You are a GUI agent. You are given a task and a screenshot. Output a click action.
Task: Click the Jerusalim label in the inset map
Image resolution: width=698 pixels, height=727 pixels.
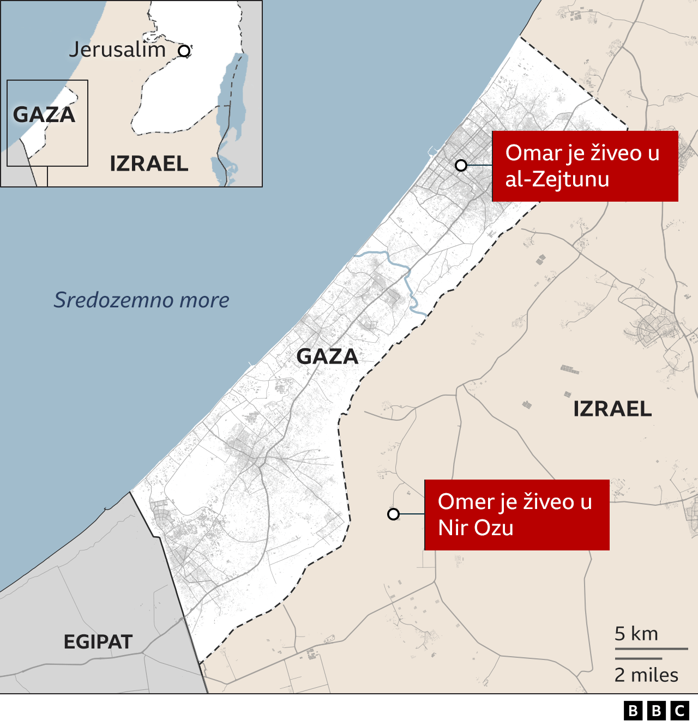pyautogui.click(x=117, y=50)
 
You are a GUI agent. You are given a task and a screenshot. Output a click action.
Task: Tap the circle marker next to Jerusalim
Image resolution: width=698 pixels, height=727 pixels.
pyautogui.click(x=184, y=51)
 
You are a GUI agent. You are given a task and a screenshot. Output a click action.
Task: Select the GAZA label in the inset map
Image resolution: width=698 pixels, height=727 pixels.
pyautogui.click(x=44, y=115)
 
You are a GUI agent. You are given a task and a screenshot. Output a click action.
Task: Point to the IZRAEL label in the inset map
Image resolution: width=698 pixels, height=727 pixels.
pyautogui.click(x=149, y=163)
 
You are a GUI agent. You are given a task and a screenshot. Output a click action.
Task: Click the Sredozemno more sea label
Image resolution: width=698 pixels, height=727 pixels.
pyautogui.click(x=141, y=300)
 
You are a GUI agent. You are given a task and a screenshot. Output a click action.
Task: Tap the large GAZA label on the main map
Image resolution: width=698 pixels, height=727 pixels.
pyautogui.click(x=327, y=356)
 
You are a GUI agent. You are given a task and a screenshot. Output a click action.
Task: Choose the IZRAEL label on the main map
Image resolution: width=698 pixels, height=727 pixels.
pyautogui.click(x=612, y=409)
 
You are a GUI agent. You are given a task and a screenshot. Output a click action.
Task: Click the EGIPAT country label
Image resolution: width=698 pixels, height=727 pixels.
pyautogui.click(x=98, y=641)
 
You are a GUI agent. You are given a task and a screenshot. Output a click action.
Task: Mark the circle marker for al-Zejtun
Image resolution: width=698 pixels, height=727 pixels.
pyautogui.click(x=461, y=165)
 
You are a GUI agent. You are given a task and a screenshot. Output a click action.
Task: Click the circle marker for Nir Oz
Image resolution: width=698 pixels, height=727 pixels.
pyautogui.click(x=393, y=514)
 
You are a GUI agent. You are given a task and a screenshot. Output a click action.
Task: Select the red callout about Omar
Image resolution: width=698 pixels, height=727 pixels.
pyautogui.click(x=585, y=166)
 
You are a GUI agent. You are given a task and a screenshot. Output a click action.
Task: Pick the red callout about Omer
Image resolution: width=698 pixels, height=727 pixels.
pyautogui.click(x=516, y=514)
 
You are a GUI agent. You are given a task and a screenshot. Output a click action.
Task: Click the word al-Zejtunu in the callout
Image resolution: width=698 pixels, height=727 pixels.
pyautogui.click(x=557, y=179)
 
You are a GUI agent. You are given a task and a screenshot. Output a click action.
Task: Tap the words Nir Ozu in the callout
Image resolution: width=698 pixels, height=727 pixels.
pyautogui.click(x=476, y=528)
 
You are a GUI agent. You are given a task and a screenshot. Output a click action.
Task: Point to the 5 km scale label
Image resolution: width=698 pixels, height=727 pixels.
pyautogui.click(x=636, y=634)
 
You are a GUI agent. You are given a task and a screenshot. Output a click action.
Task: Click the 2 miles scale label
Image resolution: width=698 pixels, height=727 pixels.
pyautogui.click(x=646, y=675)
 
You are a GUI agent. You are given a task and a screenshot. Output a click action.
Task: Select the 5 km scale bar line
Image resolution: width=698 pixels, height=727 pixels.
pyautogui.click(x=651, y=649)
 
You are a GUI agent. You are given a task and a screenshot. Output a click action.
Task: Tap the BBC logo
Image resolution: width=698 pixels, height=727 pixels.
pyautogui.click(x=657, y=711)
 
